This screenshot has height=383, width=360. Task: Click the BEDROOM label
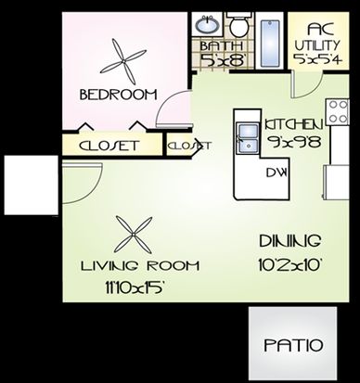coord(119,95)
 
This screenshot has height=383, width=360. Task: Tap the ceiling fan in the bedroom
coord(123,62)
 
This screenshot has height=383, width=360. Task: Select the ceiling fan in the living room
coord(134,236)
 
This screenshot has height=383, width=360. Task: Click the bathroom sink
coord(207,25)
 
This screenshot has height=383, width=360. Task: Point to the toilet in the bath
coord(239,24)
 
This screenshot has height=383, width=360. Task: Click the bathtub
coord(270,44)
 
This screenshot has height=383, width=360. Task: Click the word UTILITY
coord(317,45)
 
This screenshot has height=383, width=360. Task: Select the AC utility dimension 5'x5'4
coord(318,58)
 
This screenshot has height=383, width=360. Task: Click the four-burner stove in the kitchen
coord(337,112)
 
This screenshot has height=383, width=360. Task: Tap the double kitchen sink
coord(248,138)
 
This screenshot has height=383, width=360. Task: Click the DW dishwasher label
coord(276,172)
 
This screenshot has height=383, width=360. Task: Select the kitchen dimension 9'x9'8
coord(295,142)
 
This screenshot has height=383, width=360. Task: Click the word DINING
coord(289,241)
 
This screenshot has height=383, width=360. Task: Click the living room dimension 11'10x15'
coord(134,288)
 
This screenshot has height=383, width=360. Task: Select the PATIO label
coord(293,345)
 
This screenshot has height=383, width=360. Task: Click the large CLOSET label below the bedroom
coord(109,146)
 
